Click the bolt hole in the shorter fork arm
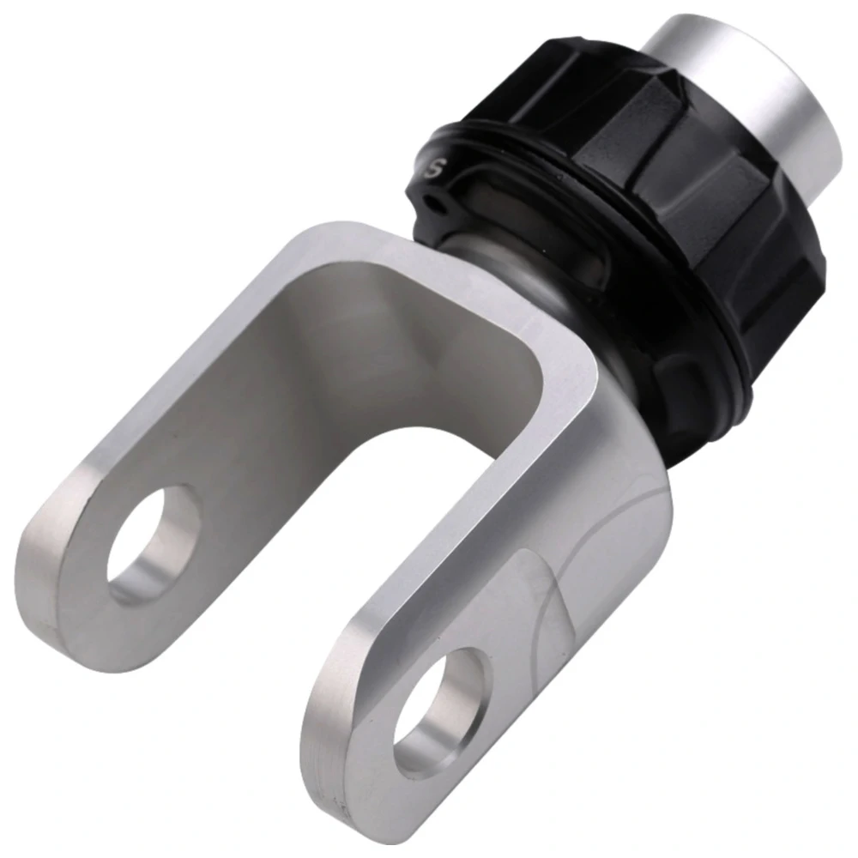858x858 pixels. [x=154, y=542]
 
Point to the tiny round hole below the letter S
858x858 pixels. [x=436, y=203]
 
